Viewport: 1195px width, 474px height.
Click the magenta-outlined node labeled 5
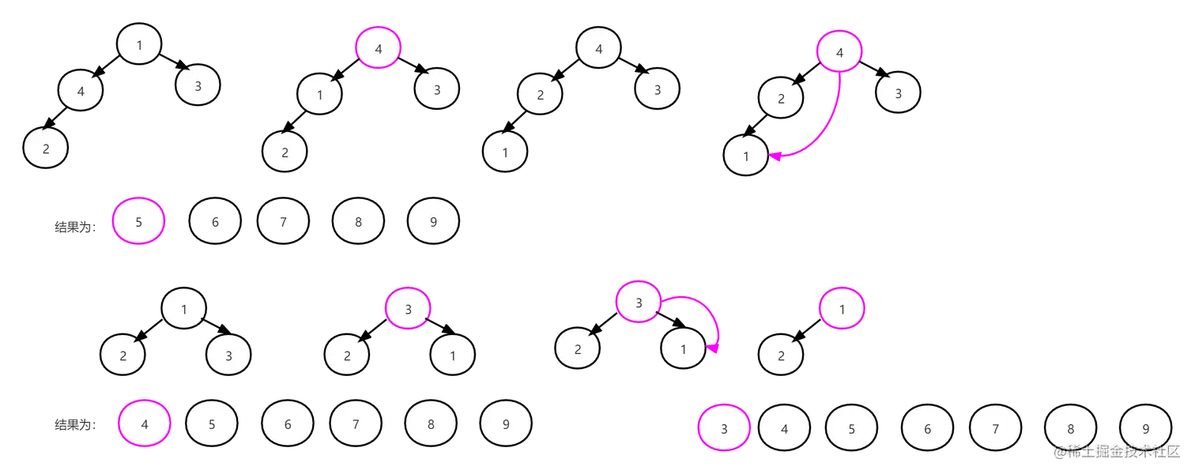click(x=139, y=222)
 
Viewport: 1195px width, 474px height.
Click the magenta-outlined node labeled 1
click(x=842, y=308)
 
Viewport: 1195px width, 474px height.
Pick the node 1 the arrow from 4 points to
click(x=746, y=156)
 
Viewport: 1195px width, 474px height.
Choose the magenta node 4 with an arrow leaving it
click(x=839, y=53)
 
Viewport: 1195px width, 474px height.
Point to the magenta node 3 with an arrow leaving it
click(x=638, y=302)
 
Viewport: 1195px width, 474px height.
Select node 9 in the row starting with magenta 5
click(x=433, y=222)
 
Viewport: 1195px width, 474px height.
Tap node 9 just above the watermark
click(x=1146, y=429)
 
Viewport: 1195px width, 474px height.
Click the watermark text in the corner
click(x=1114, y=451)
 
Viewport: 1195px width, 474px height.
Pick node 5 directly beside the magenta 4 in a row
click(x=212, y=424)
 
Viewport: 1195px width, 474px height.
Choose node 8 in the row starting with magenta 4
click(x=431, y=424)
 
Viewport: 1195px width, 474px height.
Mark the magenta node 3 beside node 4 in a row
click(x=724, y=428)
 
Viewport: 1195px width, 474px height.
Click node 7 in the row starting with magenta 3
click(x=995, y=429)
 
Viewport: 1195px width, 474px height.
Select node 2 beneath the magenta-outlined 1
click(x=781, y=355)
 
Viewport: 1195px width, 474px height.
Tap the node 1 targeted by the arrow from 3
click(x=683, y=348)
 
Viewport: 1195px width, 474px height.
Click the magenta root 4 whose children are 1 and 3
click(x=379, y=48)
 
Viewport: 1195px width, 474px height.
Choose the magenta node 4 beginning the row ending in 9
click(x=144, y=424)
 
